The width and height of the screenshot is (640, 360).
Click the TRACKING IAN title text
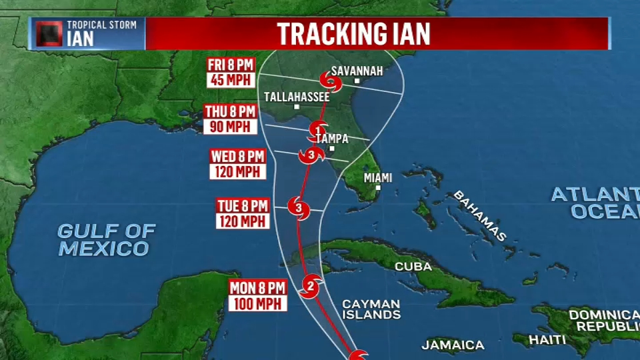tap(354, 33)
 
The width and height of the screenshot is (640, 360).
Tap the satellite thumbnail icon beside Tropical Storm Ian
tap(49, 33)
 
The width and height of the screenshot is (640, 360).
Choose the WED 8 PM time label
tap(238, 156)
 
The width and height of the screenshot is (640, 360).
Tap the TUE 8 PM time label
tap(242, 206)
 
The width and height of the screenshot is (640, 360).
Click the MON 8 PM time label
tap(258, 288)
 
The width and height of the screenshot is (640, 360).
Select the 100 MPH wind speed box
tap(258, 303)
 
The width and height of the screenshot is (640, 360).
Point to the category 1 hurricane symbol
tap(318, 130)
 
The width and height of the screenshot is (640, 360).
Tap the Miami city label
tap(378, 178)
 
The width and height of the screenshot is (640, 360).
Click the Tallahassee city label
tap(297, 97)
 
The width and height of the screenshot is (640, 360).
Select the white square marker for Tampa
tap(331, 148)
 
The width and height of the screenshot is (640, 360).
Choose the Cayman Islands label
tap(371, 309)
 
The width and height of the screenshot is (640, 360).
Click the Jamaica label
tap(453, 345)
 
